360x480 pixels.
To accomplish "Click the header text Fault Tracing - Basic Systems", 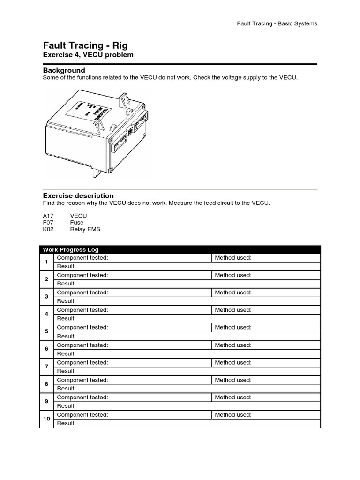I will point(277,23).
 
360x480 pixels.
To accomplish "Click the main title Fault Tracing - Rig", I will point(85,45).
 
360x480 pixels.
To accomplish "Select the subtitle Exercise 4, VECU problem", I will point(88,55).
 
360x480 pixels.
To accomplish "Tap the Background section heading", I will point(64,70).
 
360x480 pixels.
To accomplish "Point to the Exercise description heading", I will point(78,195).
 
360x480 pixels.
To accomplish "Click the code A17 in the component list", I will point(49,216).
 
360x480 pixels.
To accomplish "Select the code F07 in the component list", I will point(49,223).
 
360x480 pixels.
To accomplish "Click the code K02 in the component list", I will point(49,229).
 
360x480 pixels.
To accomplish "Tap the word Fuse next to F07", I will point(77,223).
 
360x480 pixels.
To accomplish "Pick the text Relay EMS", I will point(85,229).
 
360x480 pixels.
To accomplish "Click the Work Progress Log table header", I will point(71,249).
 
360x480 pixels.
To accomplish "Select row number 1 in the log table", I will point(46,262).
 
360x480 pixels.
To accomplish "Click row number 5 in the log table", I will point(46,331).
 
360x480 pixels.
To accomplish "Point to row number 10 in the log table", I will point(46,419).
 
